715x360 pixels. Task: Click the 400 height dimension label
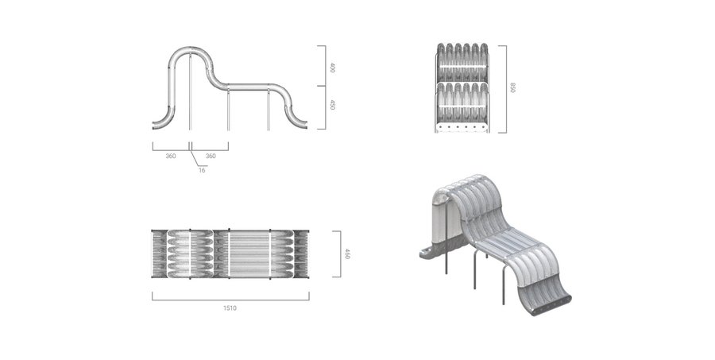[x=332, y=68]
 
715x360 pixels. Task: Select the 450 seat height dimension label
[x=332, y=104]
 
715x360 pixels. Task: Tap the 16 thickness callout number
[x=202, y=170]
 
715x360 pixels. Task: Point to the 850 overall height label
[x=512, y=87]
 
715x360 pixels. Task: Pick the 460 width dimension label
[x=346, y=254]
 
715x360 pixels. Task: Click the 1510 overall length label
[x=230, y=308]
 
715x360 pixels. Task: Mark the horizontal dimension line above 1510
[x=230, y=300]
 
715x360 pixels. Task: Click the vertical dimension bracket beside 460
[x=340, y=254]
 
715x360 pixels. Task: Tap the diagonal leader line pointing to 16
[x=195, y=158]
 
